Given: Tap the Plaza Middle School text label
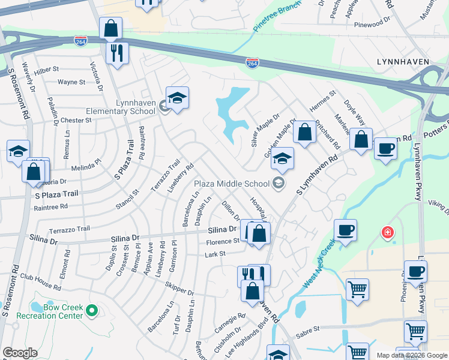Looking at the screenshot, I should [x=231, y=183].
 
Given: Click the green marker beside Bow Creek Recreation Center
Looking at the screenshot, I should [x=91, y=311].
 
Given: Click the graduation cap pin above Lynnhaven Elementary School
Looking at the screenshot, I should [x=177, y=98].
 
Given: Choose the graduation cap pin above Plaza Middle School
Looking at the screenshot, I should [x=282, y=159].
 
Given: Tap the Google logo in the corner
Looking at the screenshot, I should [x=20, y=352].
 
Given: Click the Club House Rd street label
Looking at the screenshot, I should [x=40, y=282].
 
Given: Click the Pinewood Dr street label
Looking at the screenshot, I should [x=372, y=25].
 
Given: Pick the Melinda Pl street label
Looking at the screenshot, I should [x=85, y=167].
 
